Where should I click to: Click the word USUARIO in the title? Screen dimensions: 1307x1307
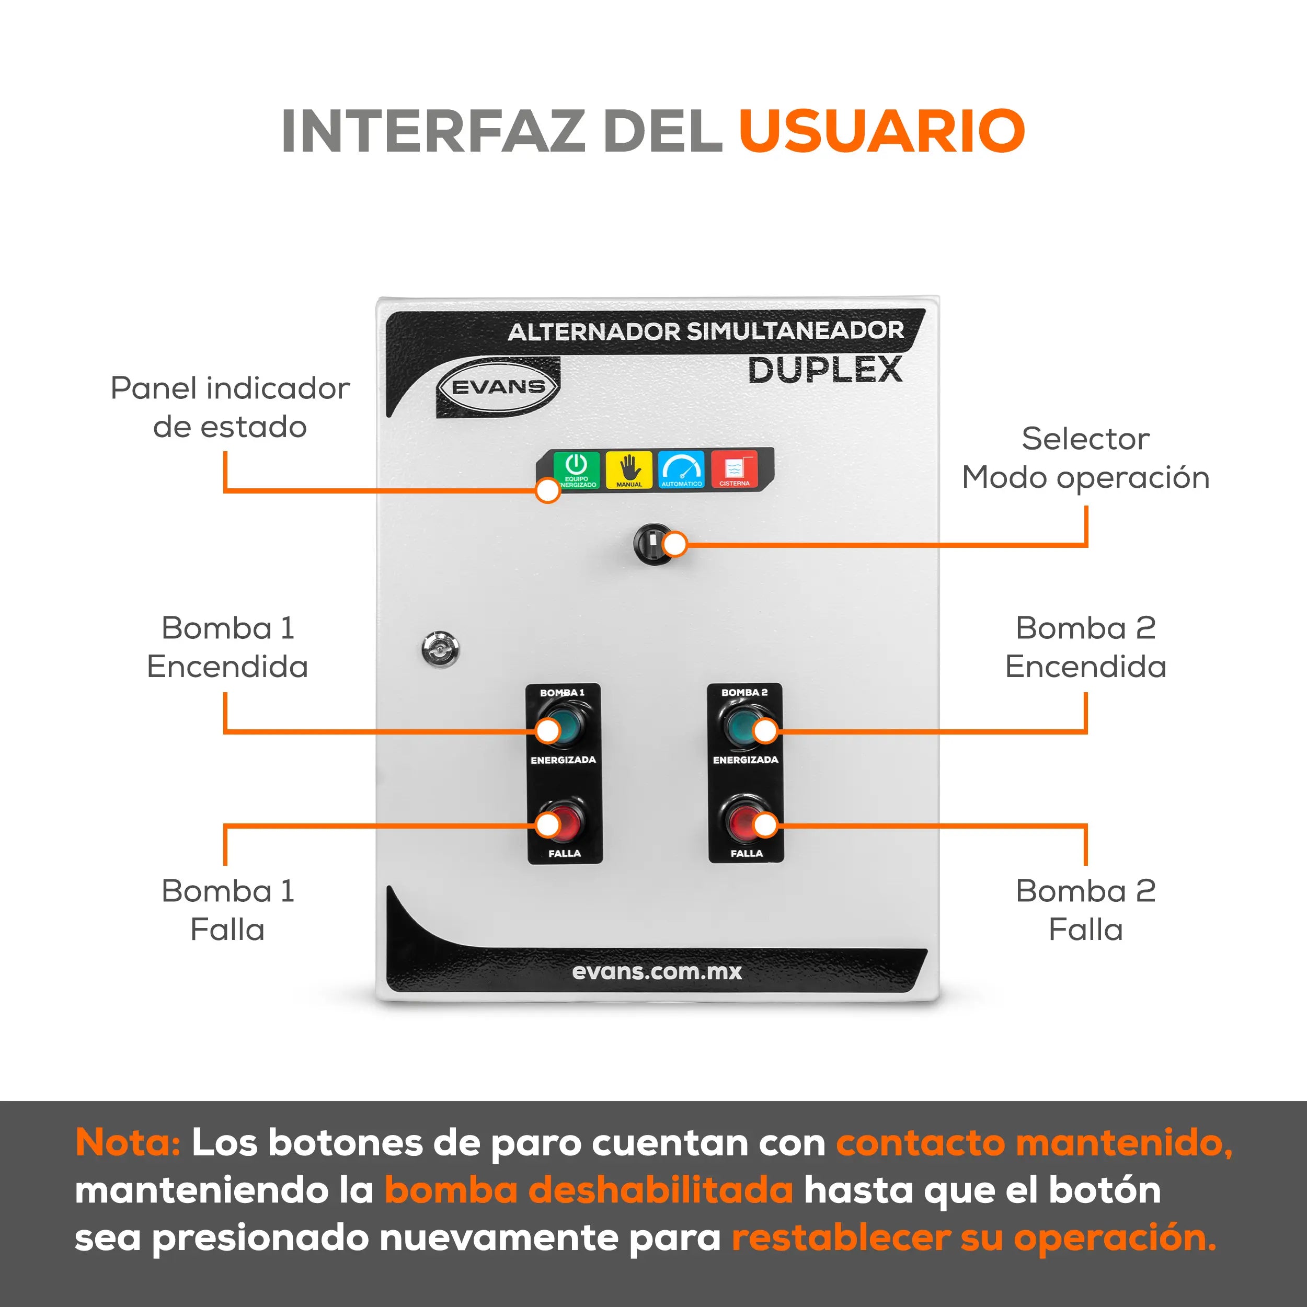tap(882, 131)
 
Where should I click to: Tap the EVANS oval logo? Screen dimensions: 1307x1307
tap(499, 387)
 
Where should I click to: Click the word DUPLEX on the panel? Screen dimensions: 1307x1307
tap(826, 370)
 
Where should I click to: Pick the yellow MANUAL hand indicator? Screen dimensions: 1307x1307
tap(629, 469)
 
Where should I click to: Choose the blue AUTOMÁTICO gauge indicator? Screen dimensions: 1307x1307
tap(681, 469)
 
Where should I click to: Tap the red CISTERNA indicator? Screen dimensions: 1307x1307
tap(734, 469)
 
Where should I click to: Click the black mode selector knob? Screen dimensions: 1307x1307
tap(653, 543)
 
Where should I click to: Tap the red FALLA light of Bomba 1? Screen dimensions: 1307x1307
tap(564, 822)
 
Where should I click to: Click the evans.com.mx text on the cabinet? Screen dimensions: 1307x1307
tap(657, 972)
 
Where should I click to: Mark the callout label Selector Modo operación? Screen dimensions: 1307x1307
tap(1086, 458)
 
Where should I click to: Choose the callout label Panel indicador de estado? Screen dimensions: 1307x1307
tap(230, 407)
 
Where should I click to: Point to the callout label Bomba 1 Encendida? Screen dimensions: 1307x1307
tap(228, 647)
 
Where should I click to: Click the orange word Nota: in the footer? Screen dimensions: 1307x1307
tap(128, 1143)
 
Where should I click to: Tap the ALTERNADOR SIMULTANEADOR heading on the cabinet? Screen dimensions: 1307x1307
tap(706, 331)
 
